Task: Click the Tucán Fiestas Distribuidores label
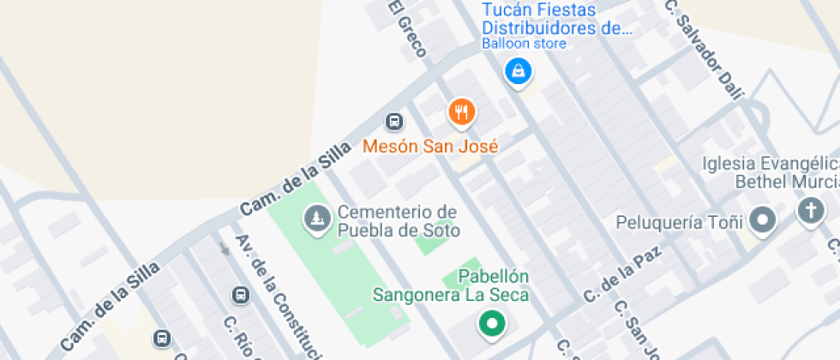tap(556, 19)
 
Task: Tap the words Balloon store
tap(524, 44)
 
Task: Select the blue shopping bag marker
tap(518, 72)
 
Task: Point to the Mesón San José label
tap(430, 147)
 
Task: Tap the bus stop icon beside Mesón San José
tap(394, 122)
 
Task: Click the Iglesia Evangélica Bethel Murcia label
tap(770, 172)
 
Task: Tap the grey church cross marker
tap(810, 211)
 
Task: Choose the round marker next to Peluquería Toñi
tap(762, 221)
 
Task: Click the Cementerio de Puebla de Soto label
tap(398, 221)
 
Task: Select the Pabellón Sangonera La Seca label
tap(450, 285)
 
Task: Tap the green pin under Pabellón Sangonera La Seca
tap(491, 324)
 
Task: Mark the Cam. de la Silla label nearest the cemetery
tap(295, 179)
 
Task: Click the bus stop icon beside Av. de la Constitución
tap(242, 295)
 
